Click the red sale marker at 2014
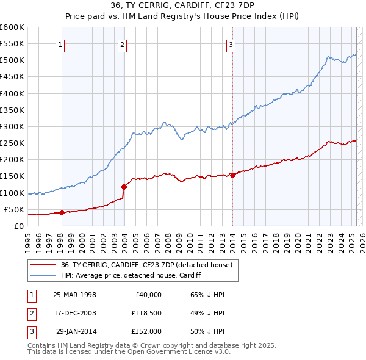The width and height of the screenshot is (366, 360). coord(232,176)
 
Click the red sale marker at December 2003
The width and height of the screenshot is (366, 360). coord(124,187)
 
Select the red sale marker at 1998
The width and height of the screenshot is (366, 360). coord(62,212)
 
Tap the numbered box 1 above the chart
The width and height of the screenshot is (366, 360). coord(61,44)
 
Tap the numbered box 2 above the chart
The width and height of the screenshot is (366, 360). coord(123,44)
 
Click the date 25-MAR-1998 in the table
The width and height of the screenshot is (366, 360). coord(74,295)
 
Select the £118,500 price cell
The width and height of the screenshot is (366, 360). coord(145,313)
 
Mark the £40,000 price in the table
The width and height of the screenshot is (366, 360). coord(148,295)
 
